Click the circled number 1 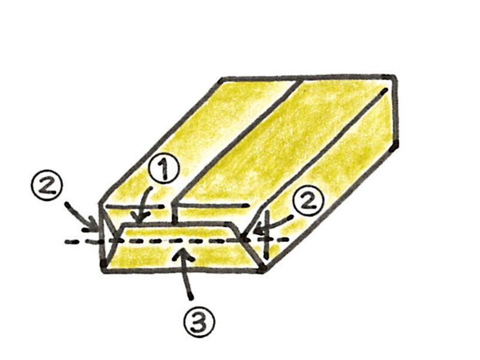pyautogui.click(x=164, y=168)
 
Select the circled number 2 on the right pyautogui.click(x=308, y=202)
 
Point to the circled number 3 pyautogui.click(x=199, y=322)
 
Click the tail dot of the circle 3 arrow pyautogui.click(x=191, y=296)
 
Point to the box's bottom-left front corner pyautogui.click(x=104, y=269)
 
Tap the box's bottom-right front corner pyautogui.click(x=263, y=269)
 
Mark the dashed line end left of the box pyautogui.click(x=66, y=242)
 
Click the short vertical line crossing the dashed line pyautogui.click(x=267, y=235)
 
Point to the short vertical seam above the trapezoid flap pyautogui.click(x=175, y=214)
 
